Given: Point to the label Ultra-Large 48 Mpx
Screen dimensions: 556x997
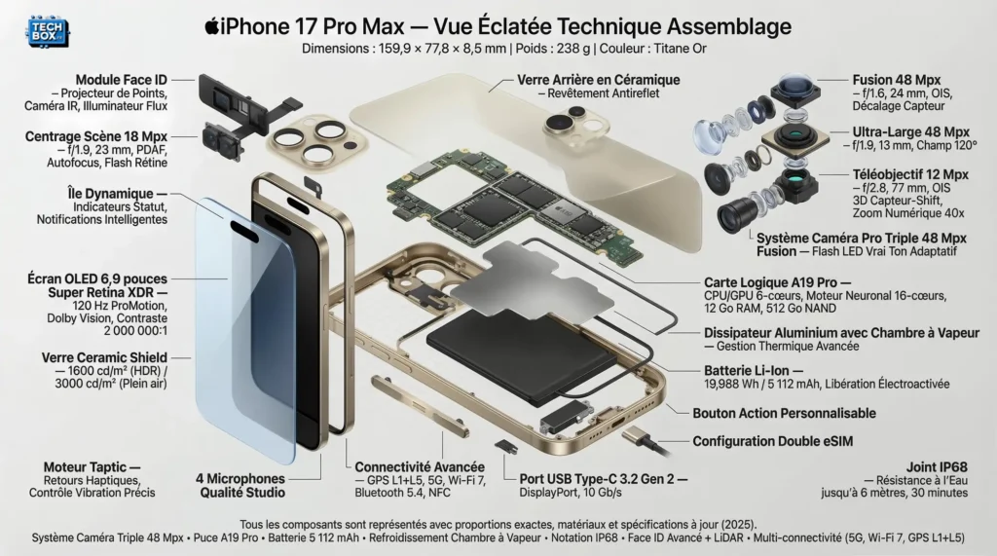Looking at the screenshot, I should [x=910, y=131].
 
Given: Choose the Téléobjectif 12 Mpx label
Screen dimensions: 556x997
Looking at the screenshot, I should [x=910, y=174].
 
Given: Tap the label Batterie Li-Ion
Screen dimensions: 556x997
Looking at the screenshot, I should [x=754, y=371].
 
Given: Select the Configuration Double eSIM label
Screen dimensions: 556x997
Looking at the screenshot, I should [x=772, y=441].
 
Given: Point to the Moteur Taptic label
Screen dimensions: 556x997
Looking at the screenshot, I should [x=93, y=467].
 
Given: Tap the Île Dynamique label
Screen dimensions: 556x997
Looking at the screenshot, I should [x=111, y=194].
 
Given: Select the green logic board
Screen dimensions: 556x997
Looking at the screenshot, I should [x=506, y=200].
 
